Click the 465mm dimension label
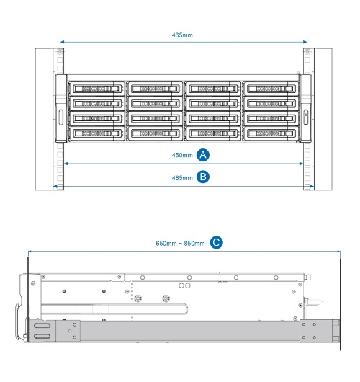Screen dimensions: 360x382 (182, 35)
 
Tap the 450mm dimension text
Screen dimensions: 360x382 (182, 155)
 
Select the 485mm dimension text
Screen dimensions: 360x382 (182, 178)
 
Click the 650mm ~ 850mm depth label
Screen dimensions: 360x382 (180, 244)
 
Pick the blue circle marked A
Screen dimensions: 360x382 (203, 155)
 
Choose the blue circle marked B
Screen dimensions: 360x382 (203, 177)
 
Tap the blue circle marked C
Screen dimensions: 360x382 (217, 242)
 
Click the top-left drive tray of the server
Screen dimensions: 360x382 (97, 89)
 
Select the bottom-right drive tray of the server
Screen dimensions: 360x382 (271, 133)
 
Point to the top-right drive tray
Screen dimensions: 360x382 (271, 89)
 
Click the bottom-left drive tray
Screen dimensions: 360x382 (97, 133)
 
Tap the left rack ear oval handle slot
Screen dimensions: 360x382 (61, 117)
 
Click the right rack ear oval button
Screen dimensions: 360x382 (306, 117)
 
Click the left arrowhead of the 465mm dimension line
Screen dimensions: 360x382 (62, 42)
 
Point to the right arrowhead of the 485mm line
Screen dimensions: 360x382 (312, 187)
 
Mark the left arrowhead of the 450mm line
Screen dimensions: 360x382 (66, 164)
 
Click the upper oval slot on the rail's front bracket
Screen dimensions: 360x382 (42, 326)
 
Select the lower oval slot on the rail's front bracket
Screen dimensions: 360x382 (42, 337)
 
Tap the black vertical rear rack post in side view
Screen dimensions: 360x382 (341, 305)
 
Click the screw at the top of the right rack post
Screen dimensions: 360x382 (307, 52)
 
